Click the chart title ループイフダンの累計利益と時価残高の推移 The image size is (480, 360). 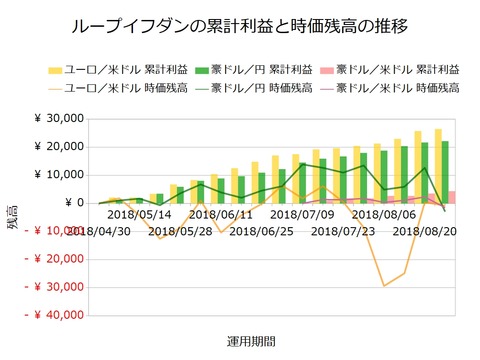pyautogui.click(x=240, y=22)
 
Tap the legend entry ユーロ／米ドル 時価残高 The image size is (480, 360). pyautogui.click(x=110, y=88)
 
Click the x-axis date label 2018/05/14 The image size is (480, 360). pyautogui.click(x=139, y=214)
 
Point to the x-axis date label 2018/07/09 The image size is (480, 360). pyautogui.click(x=302, y=214)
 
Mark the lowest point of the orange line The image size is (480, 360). pyautogui.click(x=385, y=286)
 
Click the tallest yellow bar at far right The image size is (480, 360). pyautogui.click(x=438, y=165)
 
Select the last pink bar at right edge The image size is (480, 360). pyautogui.click(x=452, y=197)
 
